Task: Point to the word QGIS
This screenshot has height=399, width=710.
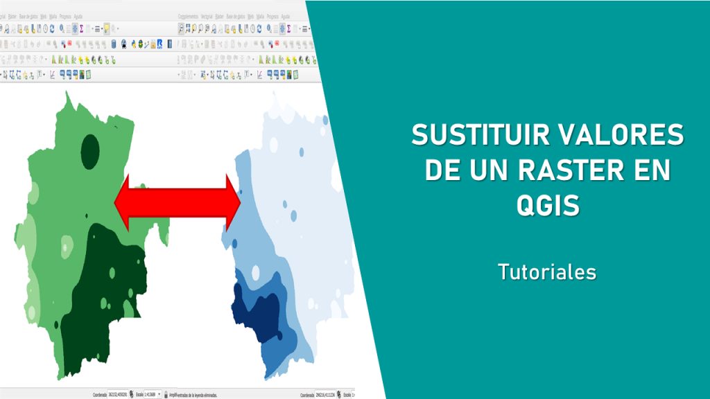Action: (x=548, y=205)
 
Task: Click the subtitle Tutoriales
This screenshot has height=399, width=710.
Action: (x=547, y=272)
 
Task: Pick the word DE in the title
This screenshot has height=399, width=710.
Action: (x=442, y=170)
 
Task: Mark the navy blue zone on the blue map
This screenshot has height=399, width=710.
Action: (x=255, y=312)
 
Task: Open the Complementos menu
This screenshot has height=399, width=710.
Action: (x=188, y=15)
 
